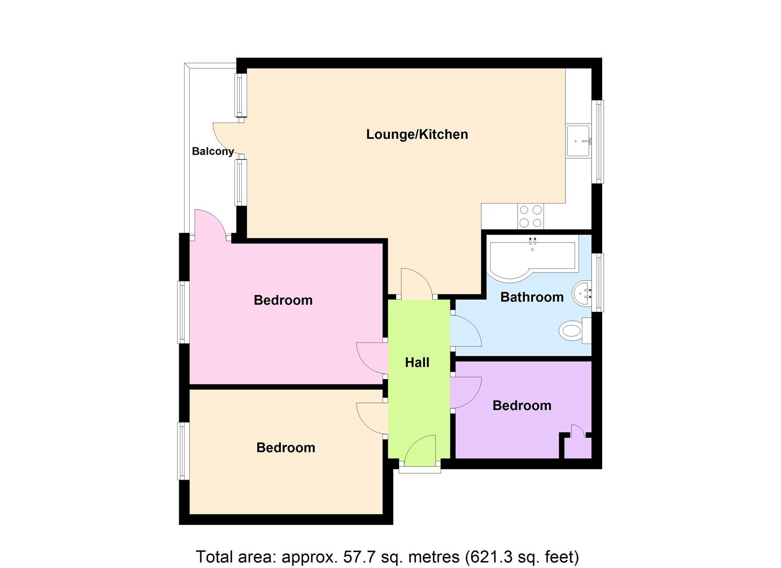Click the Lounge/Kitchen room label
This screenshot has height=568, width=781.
pos(417,134)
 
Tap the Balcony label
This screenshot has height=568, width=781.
pos(212,151)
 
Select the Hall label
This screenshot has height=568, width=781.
pos(417,363)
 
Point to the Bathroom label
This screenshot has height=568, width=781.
pos(532,297)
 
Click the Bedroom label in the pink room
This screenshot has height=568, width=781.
pos(283,300)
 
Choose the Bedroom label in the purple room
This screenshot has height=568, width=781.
pos(522,405)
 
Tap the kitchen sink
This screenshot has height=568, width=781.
pos(579,141)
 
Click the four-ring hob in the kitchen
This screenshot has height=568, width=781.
pos(530,216)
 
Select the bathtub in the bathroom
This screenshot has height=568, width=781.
pos(532,258)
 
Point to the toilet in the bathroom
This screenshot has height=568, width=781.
pos(575,330)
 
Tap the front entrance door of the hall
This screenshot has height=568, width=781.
pos(420,451)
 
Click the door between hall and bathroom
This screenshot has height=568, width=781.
pos(466,331)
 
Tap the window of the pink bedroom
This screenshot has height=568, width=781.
pos(184,312)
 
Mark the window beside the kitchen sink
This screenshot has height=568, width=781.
pos(597,141)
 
